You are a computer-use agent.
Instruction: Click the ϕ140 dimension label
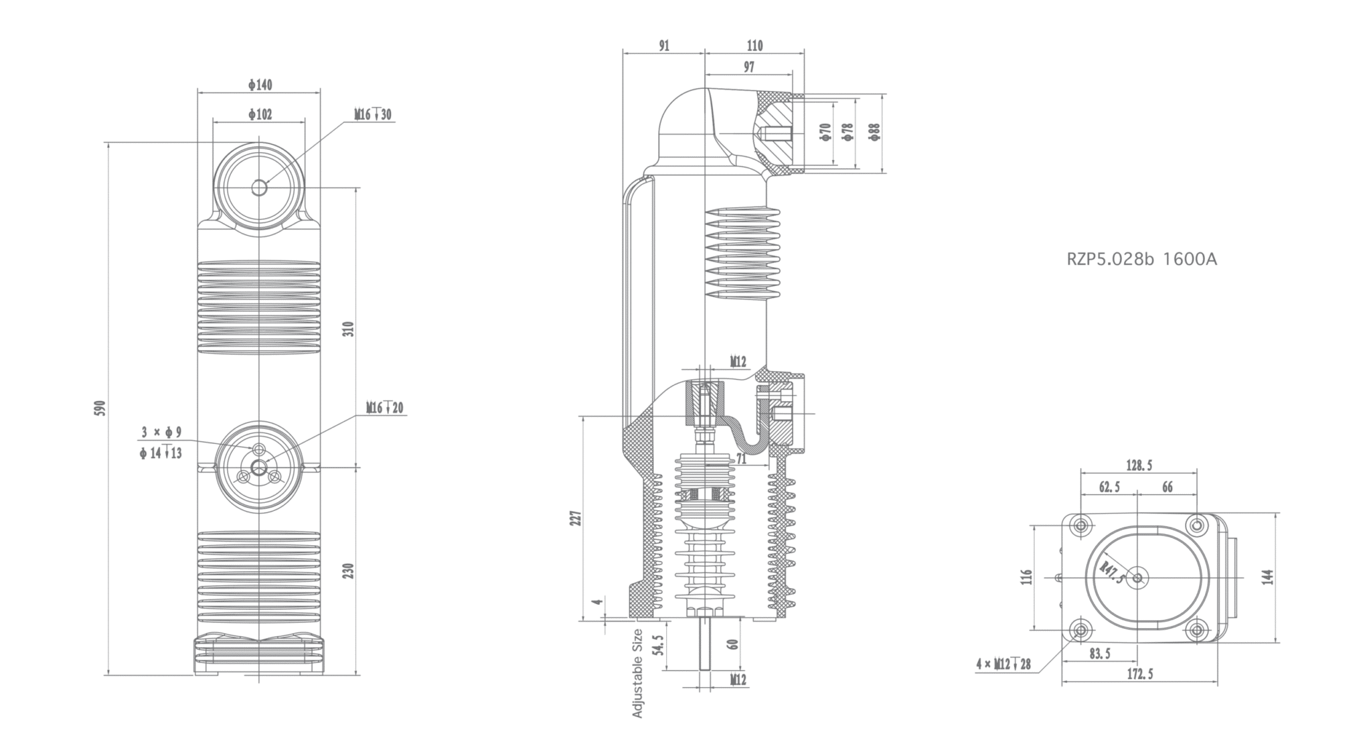260,85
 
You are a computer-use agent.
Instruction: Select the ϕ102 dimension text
260,115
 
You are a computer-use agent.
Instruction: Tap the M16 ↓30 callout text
374,115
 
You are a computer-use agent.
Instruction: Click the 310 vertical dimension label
348,328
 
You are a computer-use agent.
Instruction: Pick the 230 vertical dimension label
348,571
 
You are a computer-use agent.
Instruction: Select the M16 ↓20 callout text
385,408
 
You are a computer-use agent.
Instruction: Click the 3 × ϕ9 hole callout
161,433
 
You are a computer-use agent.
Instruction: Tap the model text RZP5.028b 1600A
1141,260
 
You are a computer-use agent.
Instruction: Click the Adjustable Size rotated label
637,673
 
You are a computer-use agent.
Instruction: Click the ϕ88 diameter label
875,132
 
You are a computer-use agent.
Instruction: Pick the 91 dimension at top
663,46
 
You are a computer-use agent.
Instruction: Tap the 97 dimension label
748,68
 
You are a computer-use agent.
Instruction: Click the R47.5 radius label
1113,573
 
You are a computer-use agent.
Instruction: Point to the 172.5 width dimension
1139,674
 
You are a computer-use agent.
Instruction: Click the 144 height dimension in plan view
1267,577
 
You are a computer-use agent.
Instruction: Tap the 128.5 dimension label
1139,465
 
